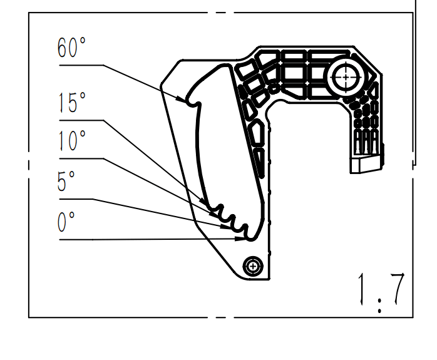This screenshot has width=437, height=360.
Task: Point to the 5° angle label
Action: click(66, 182)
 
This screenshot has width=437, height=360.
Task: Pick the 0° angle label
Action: click(66, 222)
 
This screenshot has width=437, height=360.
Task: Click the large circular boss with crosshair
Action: click(344, 77)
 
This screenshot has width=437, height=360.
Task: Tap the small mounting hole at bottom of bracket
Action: click(253, 267)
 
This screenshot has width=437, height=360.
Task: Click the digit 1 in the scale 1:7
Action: click(362, 289)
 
